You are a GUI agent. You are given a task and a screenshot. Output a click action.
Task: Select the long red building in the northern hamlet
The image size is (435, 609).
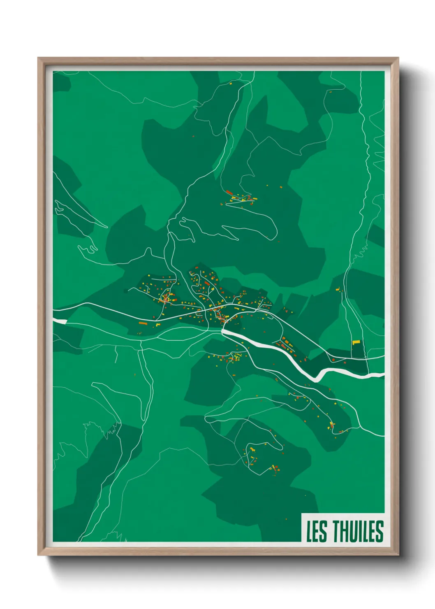229,192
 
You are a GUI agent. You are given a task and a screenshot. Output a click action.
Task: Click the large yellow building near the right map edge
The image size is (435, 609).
356,342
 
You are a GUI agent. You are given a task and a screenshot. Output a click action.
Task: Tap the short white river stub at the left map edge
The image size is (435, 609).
60,321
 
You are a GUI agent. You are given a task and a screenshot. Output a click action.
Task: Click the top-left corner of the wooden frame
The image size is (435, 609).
39,58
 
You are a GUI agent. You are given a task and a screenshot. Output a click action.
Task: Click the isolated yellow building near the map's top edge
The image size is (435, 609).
231,84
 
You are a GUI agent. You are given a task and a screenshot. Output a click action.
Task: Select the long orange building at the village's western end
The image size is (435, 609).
142,323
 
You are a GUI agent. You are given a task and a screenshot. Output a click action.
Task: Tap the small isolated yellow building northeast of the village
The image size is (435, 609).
338,290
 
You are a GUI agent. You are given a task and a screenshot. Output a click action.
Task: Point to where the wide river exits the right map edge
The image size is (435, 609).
383,375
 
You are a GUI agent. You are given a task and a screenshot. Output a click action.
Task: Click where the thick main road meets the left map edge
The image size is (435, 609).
54,309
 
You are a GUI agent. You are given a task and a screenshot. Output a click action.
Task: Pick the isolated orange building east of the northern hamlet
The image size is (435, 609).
281,188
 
